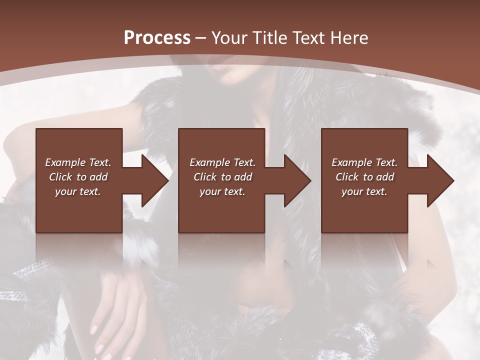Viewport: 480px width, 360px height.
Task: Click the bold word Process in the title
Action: (157, 38)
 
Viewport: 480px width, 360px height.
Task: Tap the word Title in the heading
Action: (268, 38)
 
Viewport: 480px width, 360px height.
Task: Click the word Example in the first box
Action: (64, 162)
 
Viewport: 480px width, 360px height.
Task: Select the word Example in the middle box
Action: (209, 162)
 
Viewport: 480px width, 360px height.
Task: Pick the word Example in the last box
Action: (351, 162)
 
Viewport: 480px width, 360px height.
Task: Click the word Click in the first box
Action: (60, 177)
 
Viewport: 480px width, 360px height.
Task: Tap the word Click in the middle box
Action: (205, 177)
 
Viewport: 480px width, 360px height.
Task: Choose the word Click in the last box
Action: (347, 177)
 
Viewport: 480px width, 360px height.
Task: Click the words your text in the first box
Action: (78, 191)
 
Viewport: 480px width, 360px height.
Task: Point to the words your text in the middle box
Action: (222, 191)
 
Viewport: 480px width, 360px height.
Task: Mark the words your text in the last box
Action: (364, 191)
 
